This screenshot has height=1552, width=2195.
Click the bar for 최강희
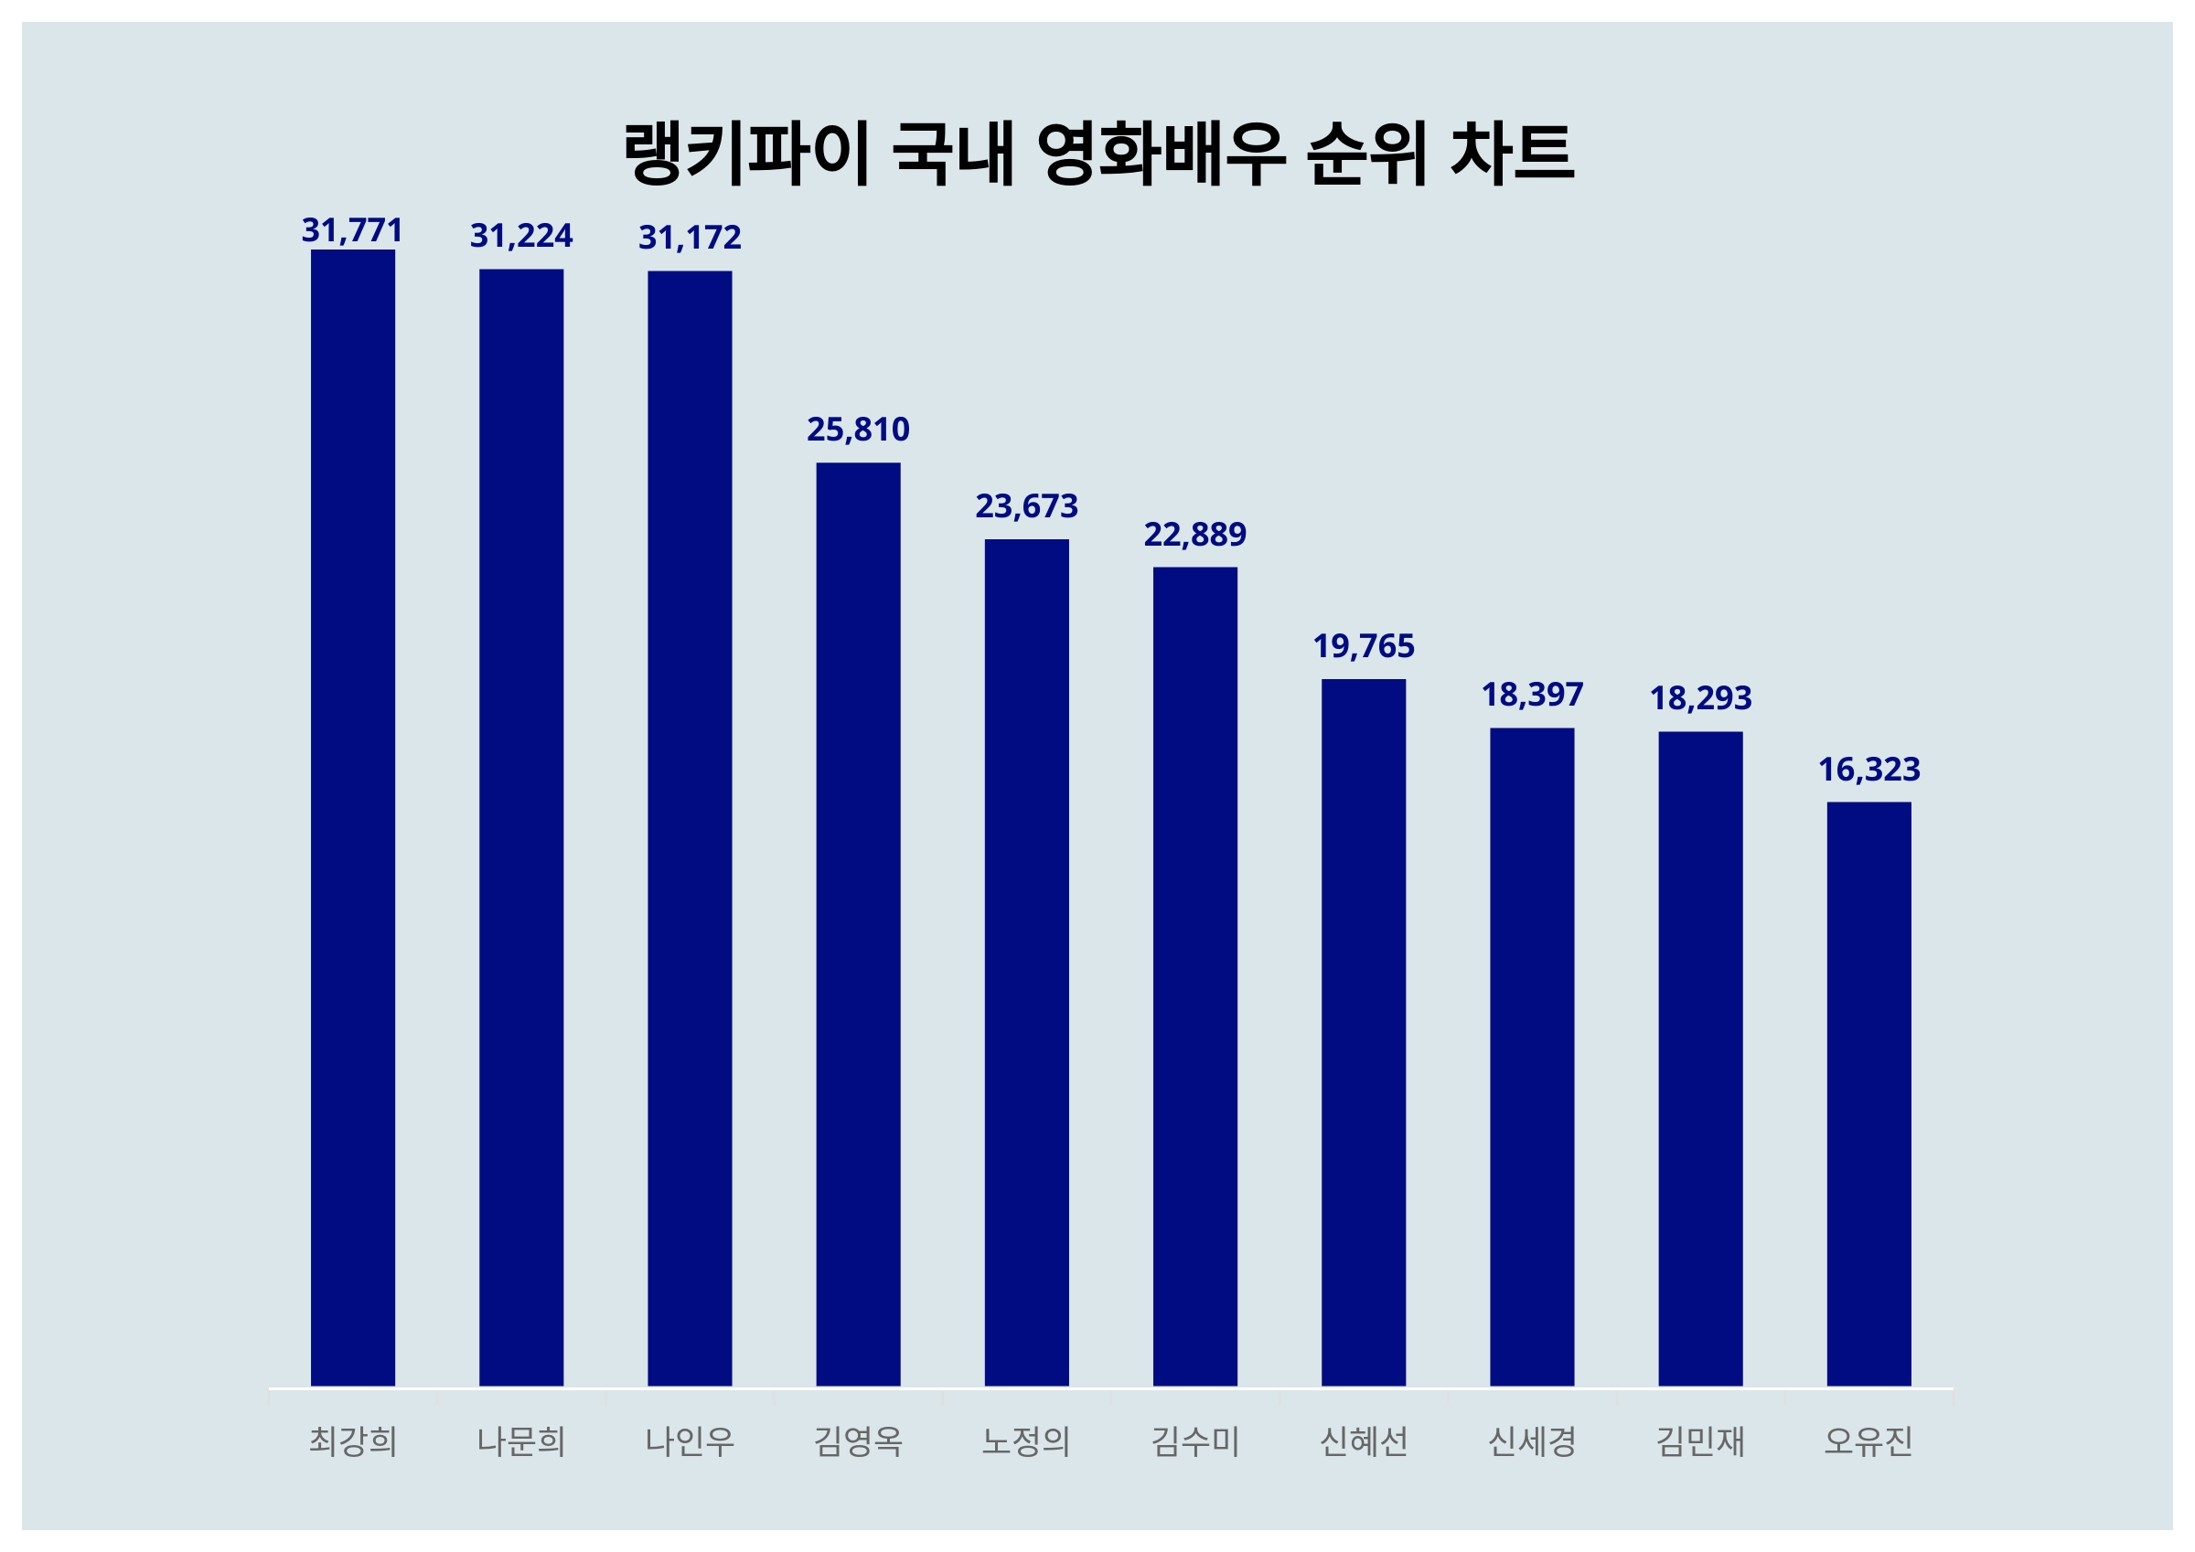353,817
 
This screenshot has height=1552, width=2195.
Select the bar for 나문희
521,826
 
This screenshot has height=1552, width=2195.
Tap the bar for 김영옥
858,923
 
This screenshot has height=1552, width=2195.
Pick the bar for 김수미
1194,976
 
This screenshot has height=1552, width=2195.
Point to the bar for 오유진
1868,1093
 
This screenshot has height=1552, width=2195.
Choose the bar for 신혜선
1364,1032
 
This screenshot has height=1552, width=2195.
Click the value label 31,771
352,230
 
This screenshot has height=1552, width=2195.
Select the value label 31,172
690,237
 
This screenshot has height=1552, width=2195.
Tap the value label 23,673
1026,505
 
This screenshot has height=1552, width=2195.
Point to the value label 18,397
1532,695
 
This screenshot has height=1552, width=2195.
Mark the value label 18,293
1700,698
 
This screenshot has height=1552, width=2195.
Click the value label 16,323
1868,770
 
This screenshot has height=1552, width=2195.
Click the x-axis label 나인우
690,1440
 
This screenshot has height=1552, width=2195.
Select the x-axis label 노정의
1026,1440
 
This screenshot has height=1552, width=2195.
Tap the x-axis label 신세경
1532,1440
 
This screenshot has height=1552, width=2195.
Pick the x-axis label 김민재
1700,1440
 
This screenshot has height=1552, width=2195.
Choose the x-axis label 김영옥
858,1440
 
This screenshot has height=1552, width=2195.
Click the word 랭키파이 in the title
746,153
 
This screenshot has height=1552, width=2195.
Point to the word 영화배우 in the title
1161,153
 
